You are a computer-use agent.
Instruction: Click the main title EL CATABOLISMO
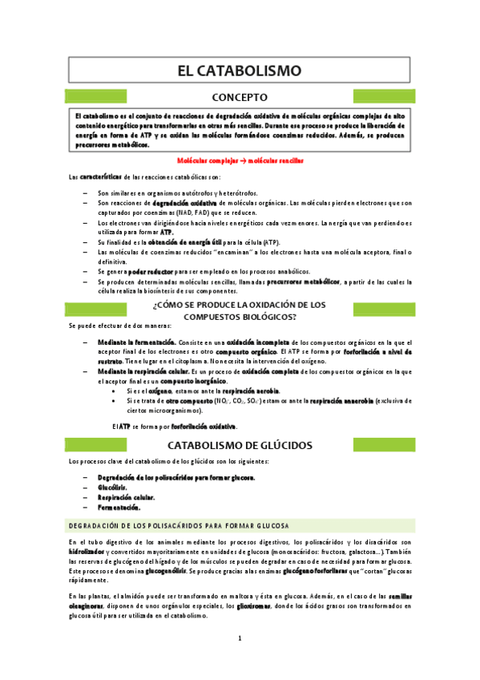(240, 71)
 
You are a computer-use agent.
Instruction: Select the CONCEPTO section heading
(240, 97)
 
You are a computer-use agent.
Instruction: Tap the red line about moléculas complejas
(240, 160)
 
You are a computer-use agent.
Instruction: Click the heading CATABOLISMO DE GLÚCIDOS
(240, 445)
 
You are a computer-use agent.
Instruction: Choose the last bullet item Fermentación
(119, 507)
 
